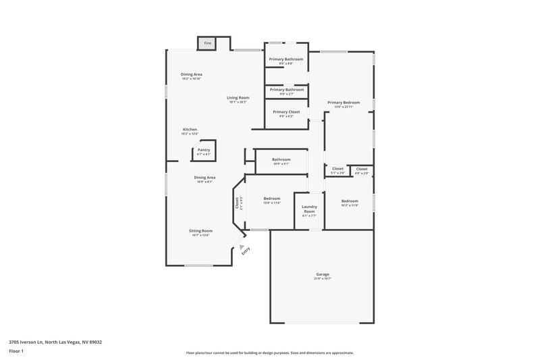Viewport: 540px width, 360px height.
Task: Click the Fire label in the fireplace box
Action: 207,43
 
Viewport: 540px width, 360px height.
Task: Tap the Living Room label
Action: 238,98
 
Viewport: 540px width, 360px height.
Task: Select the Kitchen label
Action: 190,129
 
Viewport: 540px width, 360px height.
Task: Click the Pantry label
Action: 203,150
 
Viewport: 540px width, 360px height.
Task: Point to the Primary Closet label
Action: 286,111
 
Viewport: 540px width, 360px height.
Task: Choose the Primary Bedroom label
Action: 344,102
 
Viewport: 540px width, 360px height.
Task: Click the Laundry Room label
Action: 309,209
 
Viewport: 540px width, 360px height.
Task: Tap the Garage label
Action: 322,274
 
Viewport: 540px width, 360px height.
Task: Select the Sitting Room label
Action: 200,230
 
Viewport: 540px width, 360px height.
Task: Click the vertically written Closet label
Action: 237,202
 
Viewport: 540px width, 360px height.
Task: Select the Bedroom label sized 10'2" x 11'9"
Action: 349,201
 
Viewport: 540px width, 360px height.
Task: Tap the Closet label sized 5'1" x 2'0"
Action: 337,168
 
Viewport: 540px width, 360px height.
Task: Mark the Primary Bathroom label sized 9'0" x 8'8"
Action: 286,59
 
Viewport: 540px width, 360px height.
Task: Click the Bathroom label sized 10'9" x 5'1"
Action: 281,159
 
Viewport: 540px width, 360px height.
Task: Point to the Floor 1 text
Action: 16,351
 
